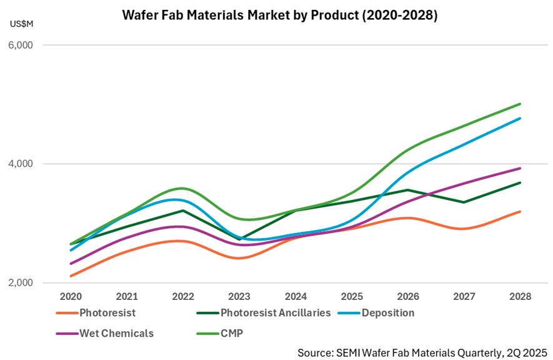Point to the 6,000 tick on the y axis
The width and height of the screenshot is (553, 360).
point(21,46)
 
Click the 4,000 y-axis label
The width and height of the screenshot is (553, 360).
point(21,164)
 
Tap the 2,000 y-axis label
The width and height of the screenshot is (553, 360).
point(21,283)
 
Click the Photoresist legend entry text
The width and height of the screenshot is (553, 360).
point(107,312)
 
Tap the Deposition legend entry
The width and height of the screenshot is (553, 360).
point(387,312)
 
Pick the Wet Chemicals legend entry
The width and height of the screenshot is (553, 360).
point(117,333)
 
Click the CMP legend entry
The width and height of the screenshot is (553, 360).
point(232,333)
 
